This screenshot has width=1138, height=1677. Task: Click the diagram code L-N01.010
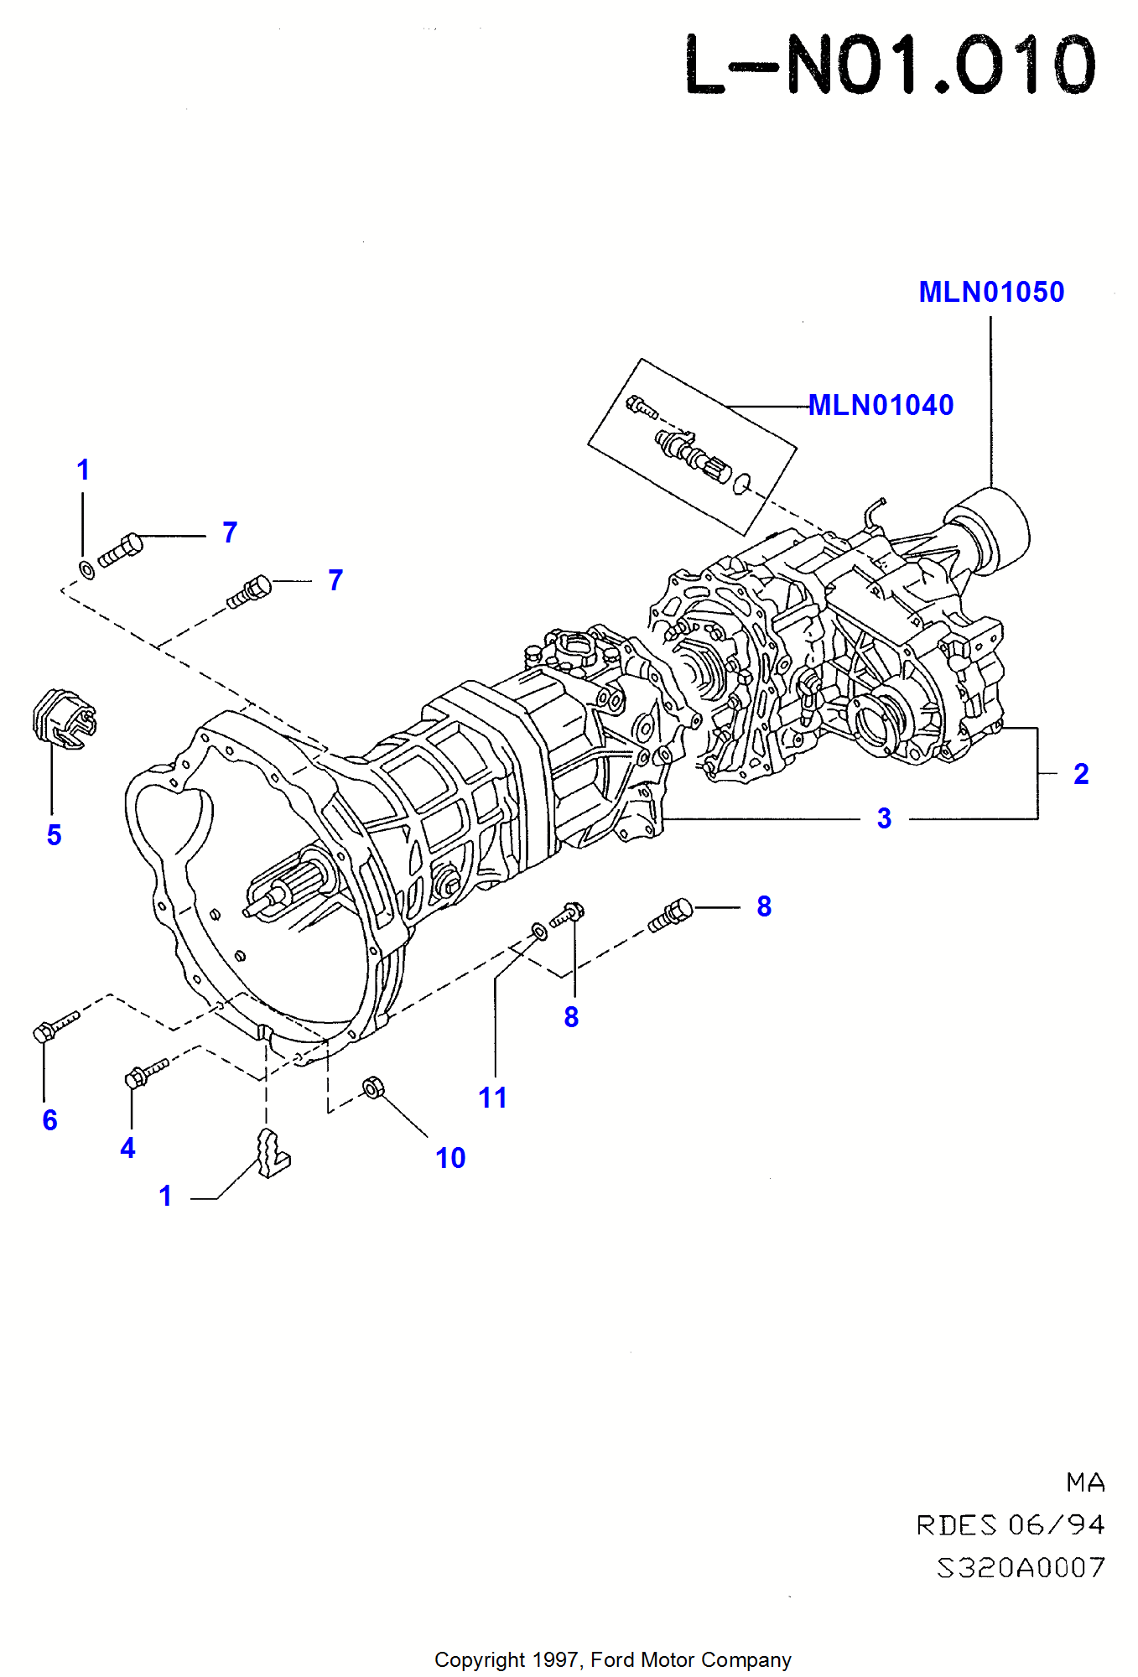click(x=891, y=65)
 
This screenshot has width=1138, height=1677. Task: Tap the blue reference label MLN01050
click(x=991, y=292)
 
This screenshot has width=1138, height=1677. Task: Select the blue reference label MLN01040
click(x=881, y=405)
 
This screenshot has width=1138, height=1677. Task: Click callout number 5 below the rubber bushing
click(x=54, y=835)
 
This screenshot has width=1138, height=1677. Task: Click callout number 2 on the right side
click(x=1081, y=774)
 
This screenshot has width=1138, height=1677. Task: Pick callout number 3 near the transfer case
click(x=884, y=818)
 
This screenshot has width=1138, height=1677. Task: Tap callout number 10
click(x=450, y=1158)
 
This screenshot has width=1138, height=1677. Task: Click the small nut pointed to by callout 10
click(x=373, y=1088)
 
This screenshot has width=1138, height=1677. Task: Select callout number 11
click(x=492, y=1098)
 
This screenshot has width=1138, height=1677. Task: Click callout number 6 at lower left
click(x=50, y=1120)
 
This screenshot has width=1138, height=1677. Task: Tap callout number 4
click(x=127, y=1148)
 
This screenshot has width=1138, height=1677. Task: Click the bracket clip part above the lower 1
click(x=272, y=1154)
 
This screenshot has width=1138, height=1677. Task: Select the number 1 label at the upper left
click(x=82, y=470)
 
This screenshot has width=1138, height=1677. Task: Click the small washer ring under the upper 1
click(x=86, y=570)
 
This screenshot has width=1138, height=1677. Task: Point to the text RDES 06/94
click(x=1010, y=1525)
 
